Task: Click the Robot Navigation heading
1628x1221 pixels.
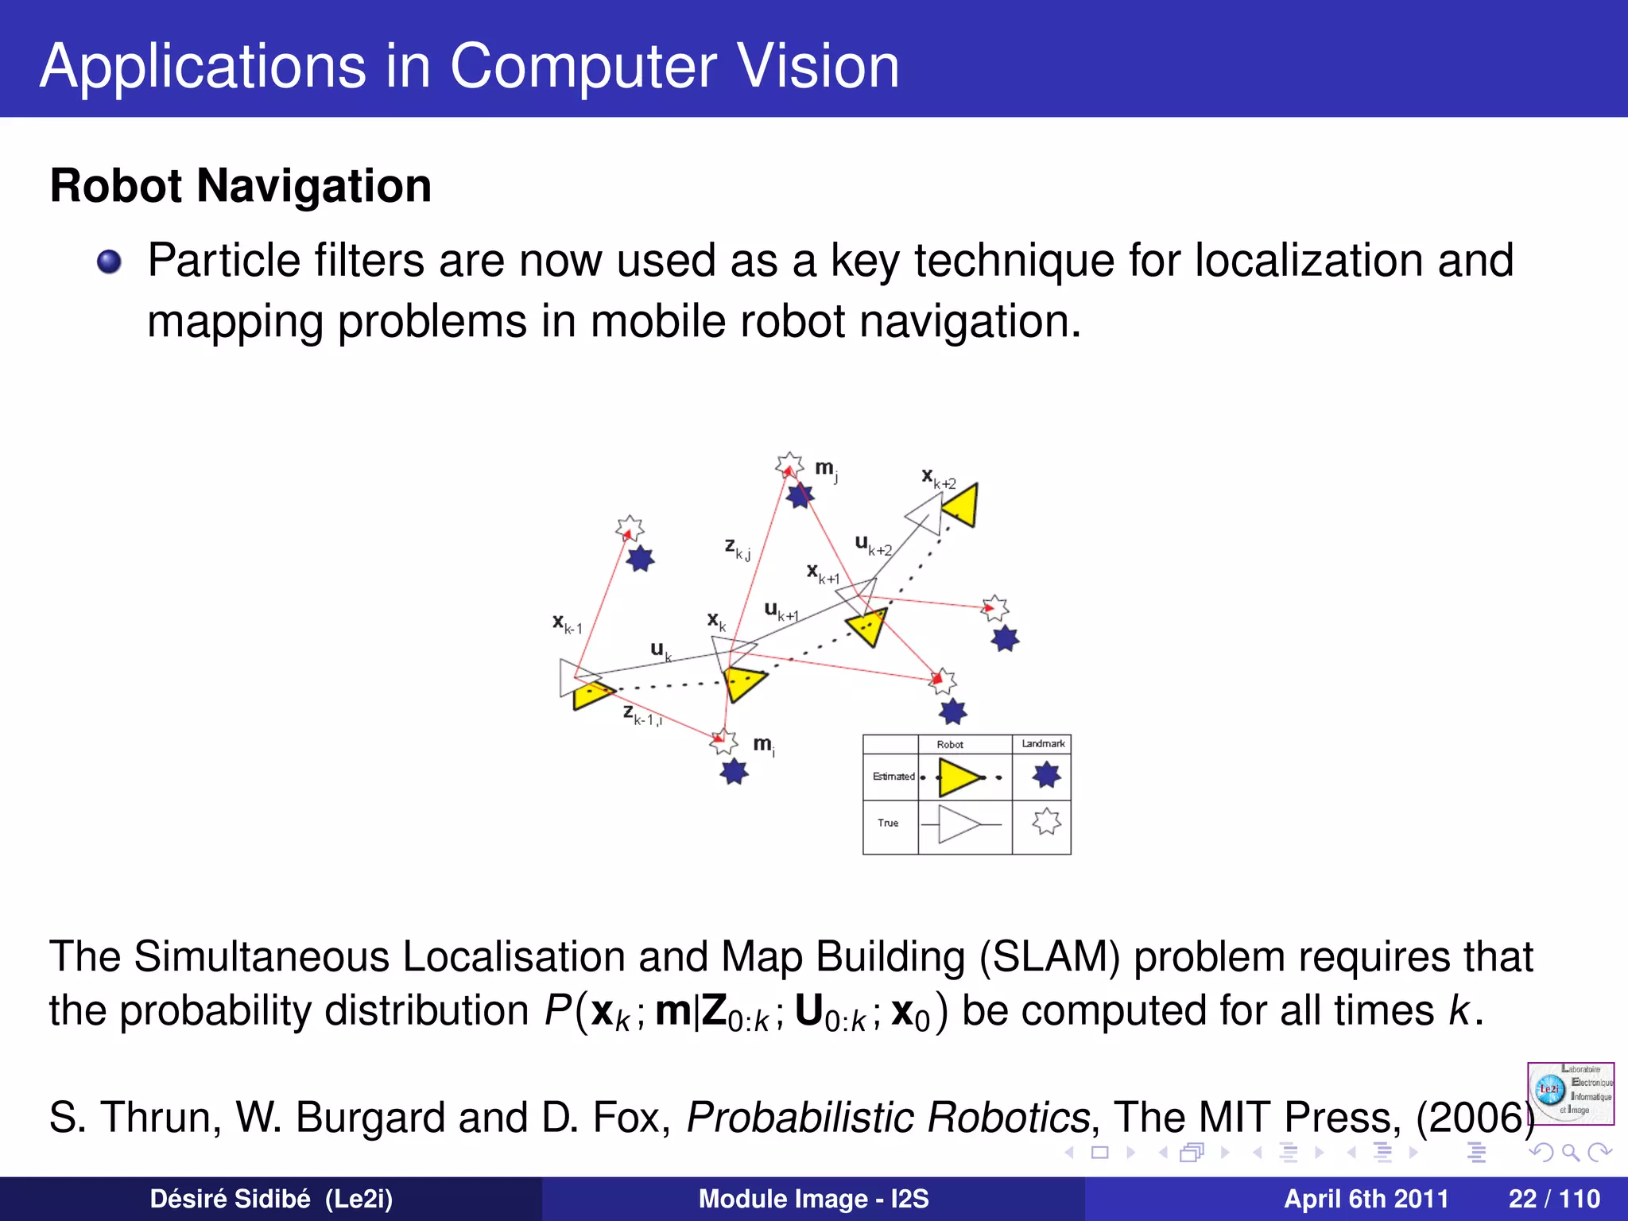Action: pyautogui.click(x=240, y=186)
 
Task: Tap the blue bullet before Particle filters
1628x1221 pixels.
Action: pyautogui.click(x=109, y=262)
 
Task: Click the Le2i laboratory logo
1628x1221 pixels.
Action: pyautogui.click(x=1570, y=1093)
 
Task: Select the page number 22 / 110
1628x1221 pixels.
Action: pyautogui.click(x=1554, y=1199)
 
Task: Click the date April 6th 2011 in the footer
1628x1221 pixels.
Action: pyautogui.click(x=1366, y=1199)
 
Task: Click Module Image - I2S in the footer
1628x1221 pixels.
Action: pyautogui.click(x=813, y=1199)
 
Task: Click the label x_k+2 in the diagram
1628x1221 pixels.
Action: pyautogui.click(x=938, y=479)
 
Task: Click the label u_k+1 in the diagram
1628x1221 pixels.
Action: pyautogui.click(x=781, y=611)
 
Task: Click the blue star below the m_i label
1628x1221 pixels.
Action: pyautogui.click(x=734, y=771)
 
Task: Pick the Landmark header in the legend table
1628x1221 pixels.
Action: pyautogui.click(x=1042, y=744)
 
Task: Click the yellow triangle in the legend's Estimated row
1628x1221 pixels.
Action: pyautogui.click(x=958, y=777)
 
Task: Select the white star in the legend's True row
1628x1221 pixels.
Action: pyautogui.click(x=1046, y=821)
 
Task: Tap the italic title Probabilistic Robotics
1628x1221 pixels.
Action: pyautogui.click(x=888, y=1118)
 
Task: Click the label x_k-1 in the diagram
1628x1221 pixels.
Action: pyautogui.click(x=567, y=624)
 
